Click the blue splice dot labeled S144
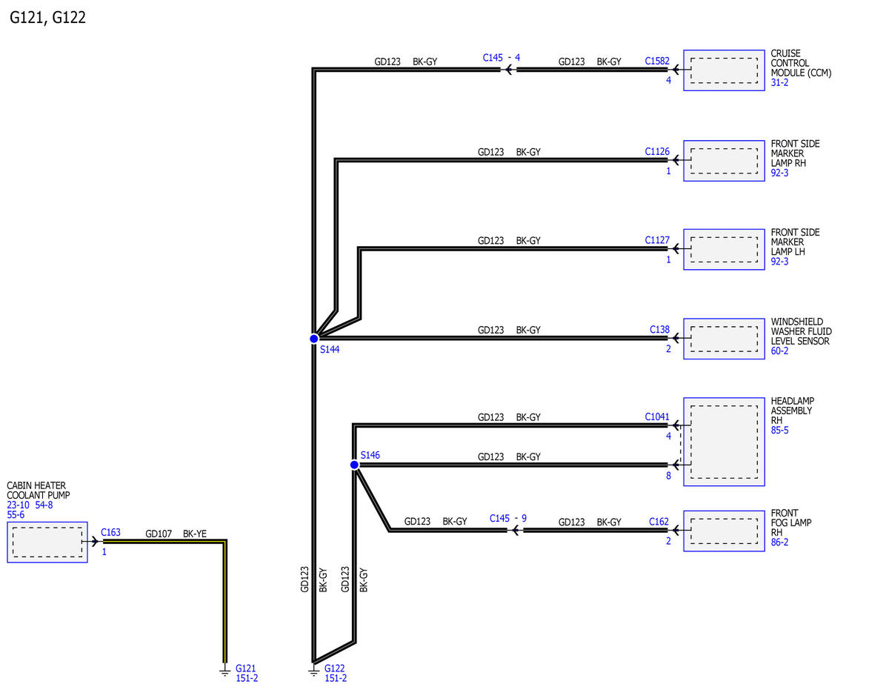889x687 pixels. pos(314,339)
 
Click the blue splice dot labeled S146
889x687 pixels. pos(354,465)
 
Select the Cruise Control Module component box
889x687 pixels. pos(724,70)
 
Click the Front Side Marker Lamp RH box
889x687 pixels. pos(724,161)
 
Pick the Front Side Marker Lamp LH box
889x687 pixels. pos(724,249)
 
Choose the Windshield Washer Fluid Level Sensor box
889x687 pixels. pos(724,339)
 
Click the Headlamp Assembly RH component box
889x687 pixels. pos(724,442)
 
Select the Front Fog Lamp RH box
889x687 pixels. pos(724,531)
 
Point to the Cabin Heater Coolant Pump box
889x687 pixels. pos(47,542)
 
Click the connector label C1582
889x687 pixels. pos(657,61)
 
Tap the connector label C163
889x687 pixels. pos(110,532)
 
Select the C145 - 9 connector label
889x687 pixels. pos(507,519)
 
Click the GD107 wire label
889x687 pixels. pos(159,534)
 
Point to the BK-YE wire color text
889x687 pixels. pos(195,534)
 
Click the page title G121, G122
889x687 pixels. pos(47,18)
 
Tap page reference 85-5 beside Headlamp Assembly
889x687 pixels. pos(779,430)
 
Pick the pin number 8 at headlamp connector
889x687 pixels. pos(668,476)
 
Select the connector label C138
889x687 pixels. pos(659,329)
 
